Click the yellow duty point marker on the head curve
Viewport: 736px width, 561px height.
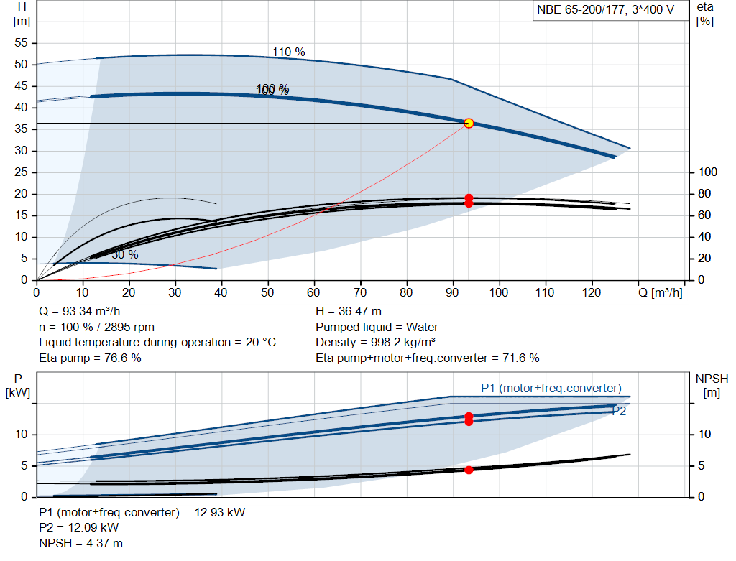[x=469, y=124]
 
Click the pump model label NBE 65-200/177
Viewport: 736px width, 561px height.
[x=581, y=10]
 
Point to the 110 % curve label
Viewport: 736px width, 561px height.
[x=289, y=52]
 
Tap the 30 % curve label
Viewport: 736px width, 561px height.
[x=125, y=255]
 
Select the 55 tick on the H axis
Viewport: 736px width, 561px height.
[x=21, y=42]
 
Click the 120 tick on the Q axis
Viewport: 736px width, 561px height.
[x=592, y=292]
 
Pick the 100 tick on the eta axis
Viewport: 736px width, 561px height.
[x=708, y=172]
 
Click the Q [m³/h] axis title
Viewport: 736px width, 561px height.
[x=661, y=292]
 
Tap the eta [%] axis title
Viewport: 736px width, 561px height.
[x=705, y=14]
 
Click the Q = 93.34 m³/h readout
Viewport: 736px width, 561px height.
[x=80, y=312]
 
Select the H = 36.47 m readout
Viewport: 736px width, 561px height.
[x=349, y=312]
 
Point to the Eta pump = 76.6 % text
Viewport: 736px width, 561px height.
[x=90, y=358]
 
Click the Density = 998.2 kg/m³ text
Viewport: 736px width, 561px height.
[x=375, y=343]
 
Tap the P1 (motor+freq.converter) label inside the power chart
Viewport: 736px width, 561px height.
[x=551, y=389]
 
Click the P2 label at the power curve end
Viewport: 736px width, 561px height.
[x=619, y=412]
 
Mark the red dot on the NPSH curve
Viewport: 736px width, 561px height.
[x=469, y=470]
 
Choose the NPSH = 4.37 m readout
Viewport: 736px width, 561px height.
[x=80, y=543]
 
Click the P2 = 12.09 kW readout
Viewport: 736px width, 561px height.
[x=79, y=528]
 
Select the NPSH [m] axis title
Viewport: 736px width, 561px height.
[x=712, y=386]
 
